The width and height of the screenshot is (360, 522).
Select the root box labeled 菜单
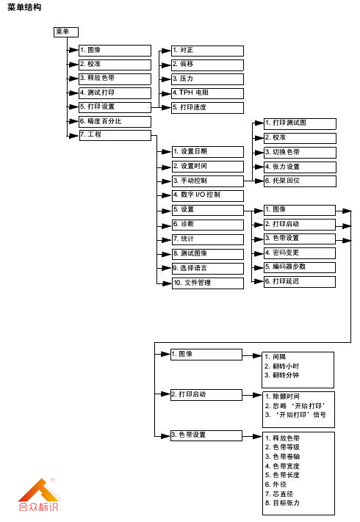[x=62, y=32]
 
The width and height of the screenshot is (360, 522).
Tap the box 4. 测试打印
[x=114, y=93]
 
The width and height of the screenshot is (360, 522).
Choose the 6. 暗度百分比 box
[x=114, y=121]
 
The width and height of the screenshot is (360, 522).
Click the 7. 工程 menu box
[x=114, y=135]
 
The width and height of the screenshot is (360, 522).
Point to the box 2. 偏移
[x=206, y=65]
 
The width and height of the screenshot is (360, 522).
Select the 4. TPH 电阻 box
[x=206, y=93]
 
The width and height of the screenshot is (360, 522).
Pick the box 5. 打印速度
[x=206, y=107]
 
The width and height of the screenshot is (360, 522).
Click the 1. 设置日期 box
[x=206, y=152]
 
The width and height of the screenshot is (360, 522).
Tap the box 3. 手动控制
[x=206, y=181]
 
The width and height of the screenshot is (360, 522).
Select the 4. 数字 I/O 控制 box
[x=206, y=195]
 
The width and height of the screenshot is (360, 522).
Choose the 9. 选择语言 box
[x=206, y=268]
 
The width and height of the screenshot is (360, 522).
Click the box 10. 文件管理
[x=206, y=283]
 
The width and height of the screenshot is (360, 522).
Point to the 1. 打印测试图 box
[x=299, y=123]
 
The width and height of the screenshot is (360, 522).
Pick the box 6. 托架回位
[x=299, y=181]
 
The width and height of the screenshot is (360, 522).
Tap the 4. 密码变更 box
[x=299, y=253]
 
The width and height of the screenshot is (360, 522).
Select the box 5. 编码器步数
[x=299, y=267]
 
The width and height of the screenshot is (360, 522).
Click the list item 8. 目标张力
[x=283, y=503]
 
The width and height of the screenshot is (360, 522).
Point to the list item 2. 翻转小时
[x=283, y=366]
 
